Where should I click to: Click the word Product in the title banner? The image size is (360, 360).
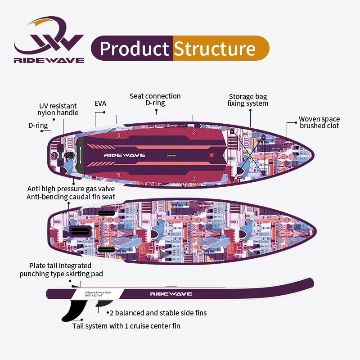point(134,49)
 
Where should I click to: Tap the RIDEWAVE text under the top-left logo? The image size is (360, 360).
point(49,60)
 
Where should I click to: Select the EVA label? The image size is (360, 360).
point(100,103)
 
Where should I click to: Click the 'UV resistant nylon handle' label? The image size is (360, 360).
point(58,109)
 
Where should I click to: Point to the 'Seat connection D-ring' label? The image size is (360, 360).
point(155,99)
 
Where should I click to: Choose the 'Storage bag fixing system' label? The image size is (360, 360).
point(248,100)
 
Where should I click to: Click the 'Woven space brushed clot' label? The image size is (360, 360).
point(319,122)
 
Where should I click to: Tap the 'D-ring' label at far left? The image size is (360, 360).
point(38,126)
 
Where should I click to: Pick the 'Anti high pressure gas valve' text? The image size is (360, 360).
point(71,189)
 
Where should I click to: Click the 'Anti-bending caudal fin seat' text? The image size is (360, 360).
point(71,197)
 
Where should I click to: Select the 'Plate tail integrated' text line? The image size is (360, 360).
point(60,266)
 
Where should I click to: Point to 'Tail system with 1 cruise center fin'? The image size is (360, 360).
point(126,325)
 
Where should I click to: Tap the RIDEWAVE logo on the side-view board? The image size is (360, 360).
point(171,294)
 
